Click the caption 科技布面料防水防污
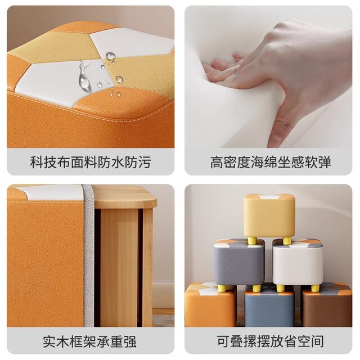pos(91,163)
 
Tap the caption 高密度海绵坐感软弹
pos(271,163)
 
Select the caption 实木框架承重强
pos(89,341)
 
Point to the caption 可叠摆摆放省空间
pos(271,341)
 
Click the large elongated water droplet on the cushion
pos(84,76)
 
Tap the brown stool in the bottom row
pos(327,305)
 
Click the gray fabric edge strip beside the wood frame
pos(89,255)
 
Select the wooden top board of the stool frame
pos(125,196)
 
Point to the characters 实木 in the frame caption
pos(56,341)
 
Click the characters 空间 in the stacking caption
pos(311,341)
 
